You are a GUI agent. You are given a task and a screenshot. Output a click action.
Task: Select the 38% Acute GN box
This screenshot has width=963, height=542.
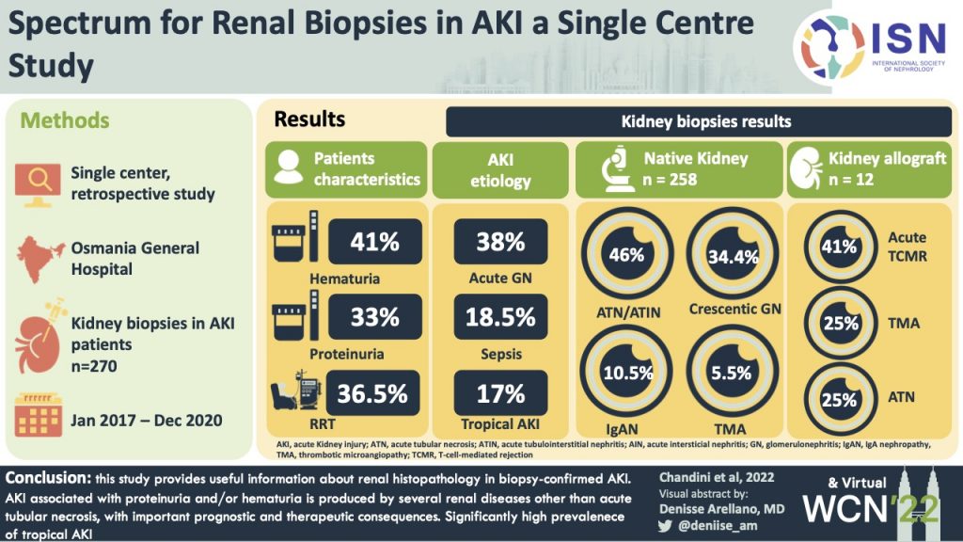click(500, 241)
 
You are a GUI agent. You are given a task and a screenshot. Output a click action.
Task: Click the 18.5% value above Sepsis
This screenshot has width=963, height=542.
click(500, 317)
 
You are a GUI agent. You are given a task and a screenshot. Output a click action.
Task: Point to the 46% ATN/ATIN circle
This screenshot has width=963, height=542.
click(626, 255)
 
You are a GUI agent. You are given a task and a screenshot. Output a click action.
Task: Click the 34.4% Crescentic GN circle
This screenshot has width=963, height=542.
click(730, 255)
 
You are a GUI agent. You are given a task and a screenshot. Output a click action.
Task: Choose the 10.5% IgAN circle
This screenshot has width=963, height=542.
click(626, 372)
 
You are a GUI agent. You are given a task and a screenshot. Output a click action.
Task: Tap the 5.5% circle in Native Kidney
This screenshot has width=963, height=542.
click(730, 372)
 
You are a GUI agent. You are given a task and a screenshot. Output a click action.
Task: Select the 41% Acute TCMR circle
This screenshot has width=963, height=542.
click(839, 247)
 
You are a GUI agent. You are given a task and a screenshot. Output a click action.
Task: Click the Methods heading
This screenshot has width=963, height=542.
click(65, 120)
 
